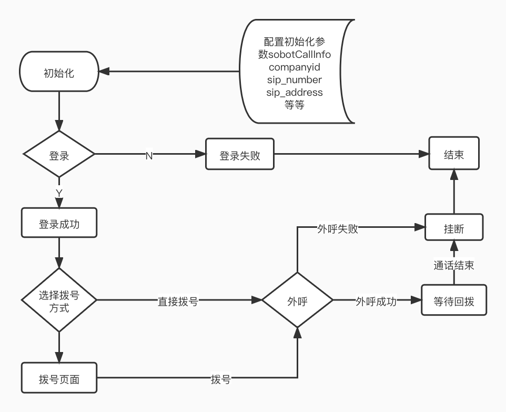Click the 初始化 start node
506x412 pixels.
tap(59, 73)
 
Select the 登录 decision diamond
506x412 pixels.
tap(59, 155)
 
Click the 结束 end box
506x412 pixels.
tap(454, 154)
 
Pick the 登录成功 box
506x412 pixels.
tap(59, 224)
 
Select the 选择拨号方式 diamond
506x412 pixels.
tap(59, 300)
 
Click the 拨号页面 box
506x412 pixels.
tap(59, 378)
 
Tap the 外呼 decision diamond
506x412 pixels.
tap(297, 301)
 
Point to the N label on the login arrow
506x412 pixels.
tap(149, 156)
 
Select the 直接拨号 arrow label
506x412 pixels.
tap(178, 302)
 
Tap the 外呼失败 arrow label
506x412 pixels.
tap(338, 229)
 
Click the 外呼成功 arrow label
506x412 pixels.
tap(376, 302)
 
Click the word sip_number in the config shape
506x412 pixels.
tap(295, 80)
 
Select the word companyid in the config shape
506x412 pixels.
tap(295, 67)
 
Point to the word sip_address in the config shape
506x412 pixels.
tap(295, 93)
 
